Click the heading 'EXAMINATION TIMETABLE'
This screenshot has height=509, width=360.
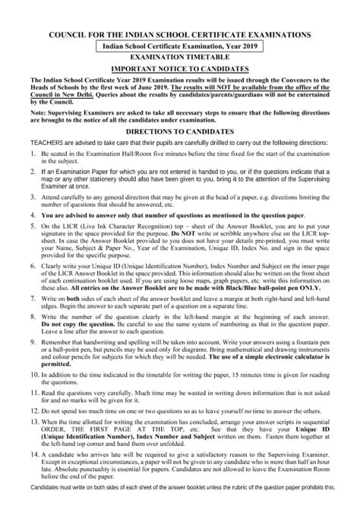[179, 57]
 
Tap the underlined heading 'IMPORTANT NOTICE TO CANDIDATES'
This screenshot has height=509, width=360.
[179, 68]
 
